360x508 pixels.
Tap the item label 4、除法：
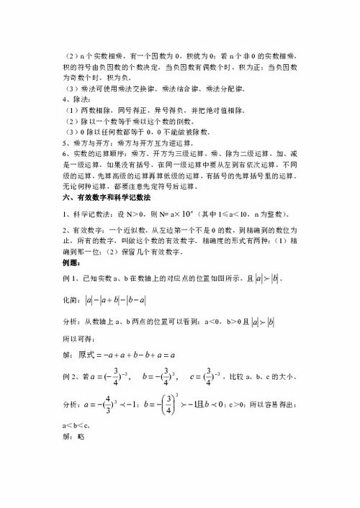click(x=78, y=100)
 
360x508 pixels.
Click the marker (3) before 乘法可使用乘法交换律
click(x=70, y=89)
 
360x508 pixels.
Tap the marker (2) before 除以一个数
click(x=70, y=122)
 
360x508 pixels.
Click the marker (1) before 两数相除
click(x=70, y=111)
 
